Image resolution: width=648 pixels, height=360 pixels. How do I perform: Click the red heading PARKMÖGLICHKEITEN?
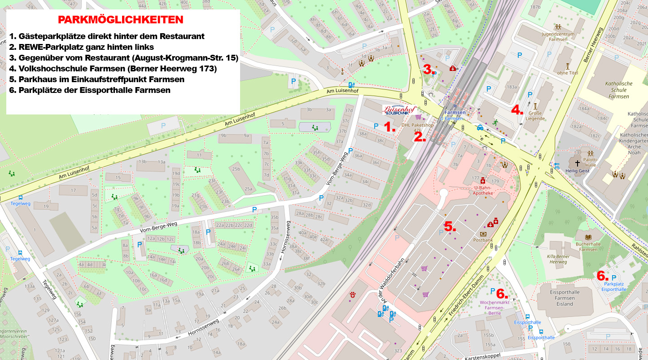[x=121, y=20]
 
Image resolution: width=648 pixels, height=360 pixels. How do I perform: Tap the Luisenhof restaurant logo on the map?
[x=399, y=110]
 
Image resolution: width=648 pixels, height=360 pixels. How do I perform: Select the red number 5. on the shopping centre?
[x=450, y=227]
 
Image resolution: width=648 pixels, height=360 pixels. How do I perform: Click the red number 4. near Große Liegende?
[x=517, y=110]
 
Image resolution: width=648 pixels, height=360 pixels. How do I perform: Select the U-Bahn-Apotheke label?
[x=483, y=190]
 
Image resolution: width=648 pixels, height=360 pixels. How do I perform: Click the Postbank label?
[x=483, y=240]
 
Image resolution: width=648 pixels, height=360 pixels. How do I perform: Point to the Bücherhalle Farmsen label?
[x=588, y=246]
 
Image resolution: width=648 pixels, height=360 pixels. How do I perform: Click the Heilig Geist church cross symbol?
[x=577, y=162]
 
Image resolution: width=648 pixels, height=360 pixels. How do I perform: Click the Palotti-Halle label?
[x=590, y=162]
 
